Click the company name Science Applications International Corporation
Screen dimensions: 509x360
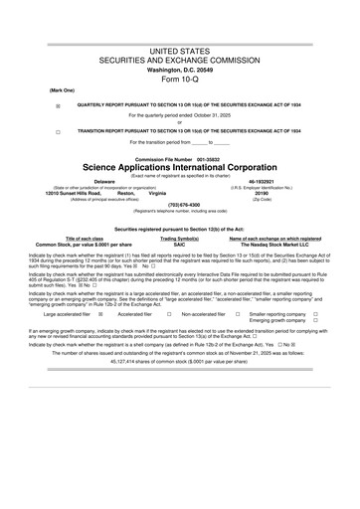tap(180, 166)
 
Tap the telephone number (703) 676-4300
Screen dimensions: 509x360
tap(180, 206)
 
